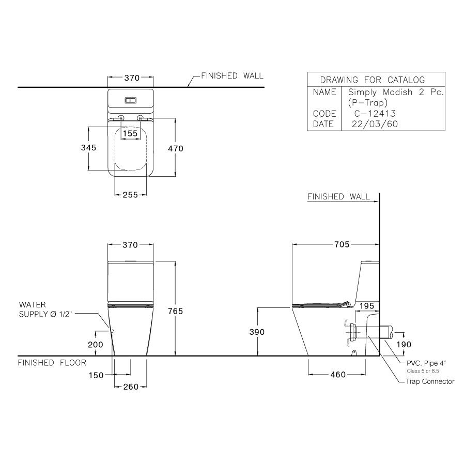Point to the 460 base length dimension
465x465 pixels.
337,375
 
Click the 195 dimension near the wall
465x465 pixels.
366,307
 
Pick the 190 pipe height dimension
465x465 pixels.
403,345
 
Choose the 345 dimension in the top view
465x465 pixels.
89,148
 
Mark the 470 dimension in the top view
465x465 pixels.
175,148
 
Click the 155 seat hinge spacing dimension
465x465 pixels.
131,133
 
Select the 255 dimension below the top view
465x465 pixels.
130,195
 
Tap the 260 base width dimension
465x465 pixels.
130,387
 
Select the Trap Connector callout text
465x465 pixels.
430,382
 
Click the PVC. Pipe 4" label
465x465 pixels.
427,364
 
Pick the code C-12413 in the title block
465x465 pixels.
375,114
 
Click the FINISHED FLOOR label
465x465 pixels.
52,363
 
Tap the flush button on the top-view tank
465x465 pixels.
131,100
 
